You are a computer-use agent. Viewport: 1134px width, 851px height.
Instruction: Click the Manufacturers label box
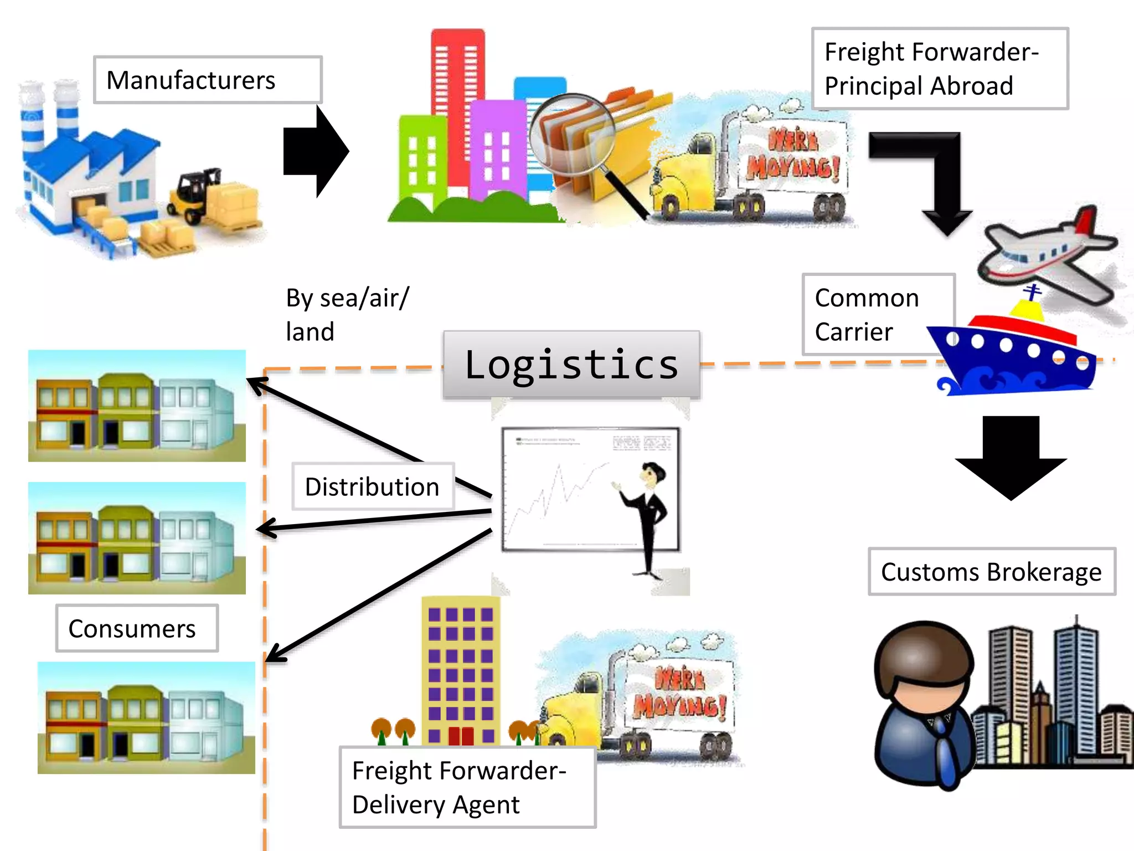coord(207,80)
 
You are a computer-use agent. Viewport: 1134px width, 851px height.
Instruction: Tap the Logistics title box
coord(571,365)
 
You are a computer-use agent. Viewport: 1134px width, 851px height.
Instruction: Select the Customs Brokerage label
coord(991,572)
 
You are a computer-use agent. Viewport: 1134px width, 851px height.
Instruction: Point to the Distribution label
coord(372,486)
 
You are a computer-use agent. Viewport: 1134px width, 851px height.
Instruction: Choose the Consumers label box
coord(136,628)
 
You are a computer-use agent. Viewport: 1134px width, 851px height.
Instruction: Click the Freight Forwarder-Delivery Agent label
coord(467,787)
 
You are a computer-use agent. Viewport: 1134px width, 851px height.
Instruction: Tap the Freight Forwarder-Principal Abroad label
coord(939,69)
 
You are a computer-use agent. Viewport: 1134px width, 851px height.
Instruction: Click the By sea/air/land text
coord(347,314)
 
